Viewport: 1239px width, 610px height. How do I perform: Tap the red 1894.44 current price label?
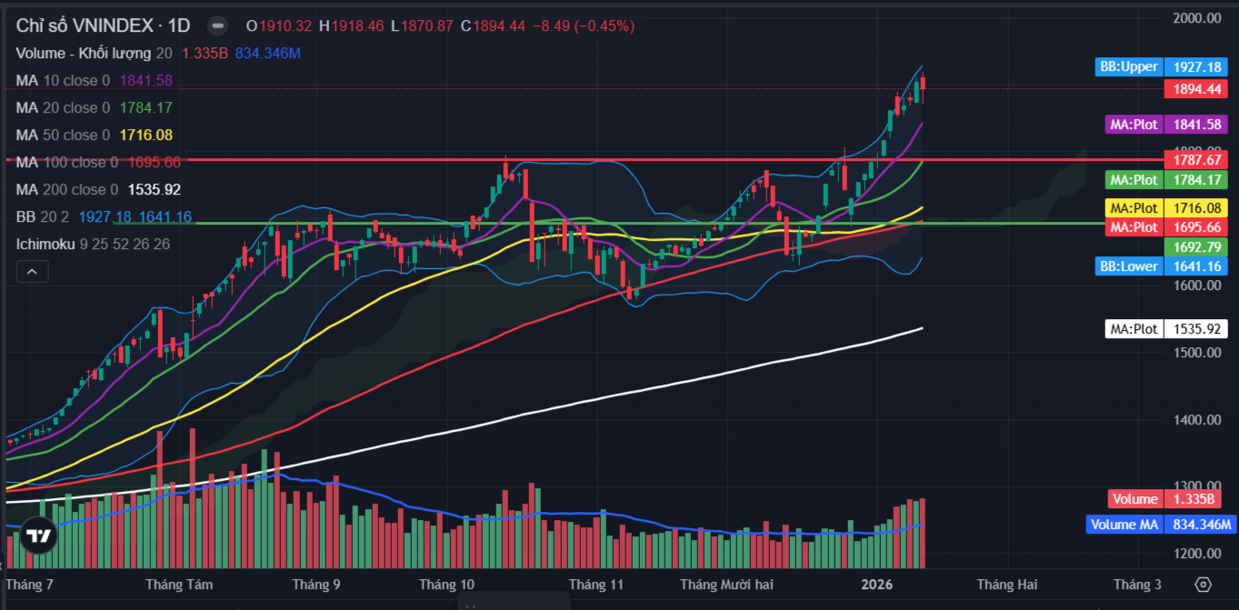pos(1194,89)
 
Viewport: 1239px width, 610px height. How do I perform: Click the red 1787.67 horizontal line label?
pos(1194,159)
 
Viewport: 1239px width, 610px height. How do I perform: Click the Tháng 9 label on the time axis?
pos(317,585)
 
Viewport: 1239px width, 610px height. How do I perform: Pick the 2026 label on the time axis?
pos(877,585)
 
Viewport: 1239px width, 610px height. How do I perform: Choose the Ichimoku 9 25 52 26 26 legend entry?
pos(92,245)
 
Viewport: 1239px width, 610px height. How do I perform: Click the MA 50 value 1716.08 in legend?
pos(145,135)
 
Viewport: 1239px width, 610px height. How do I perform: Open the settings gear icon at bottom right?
pos(1204,585)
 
